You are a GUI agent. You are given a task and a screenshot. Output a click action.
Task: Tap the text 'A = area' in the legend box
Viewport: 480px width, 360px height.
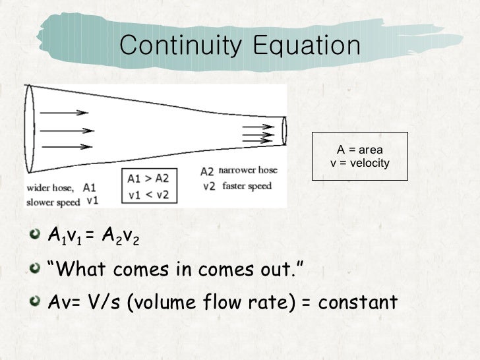coord(360,150)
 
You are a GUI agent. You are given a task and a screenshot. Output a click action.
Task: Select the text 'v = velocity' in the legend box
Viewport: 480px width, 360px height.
coord(360,163)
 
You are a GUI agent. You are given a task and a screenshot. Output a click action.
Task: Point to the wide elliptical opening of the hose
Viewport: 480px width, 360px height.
coord(30,131)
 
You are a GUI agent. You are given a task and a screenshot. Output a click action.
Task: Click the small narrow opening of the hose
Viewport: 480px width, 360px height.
coord(284,131)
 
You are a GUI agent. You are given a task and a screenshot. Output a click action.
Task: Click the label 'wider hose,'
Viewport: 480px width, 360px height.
coord(50,187)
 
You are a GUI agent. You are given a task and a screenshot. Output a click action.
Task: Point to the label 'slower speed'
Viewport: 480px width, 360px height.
coord(53,202)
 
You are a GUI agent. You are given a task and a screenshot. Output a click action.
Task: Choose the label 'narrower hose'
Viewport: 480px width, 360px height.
coord(248,170)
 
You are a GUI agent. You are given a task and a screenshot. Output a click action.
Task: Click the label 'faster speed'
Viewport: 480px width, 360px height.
coord(247,186)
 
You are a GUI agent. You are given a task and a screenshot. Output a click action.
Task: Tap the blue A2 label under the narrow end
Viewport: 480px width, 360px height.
coord(207,171)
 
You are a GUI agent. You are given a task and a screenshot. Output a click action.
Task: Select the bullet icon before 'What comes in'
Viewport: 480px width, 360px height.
coord(38,268)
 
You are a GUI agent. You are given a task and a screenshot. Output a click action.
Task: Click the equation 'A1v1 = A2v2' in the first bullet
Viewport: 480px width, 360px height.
coord(94,235)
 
